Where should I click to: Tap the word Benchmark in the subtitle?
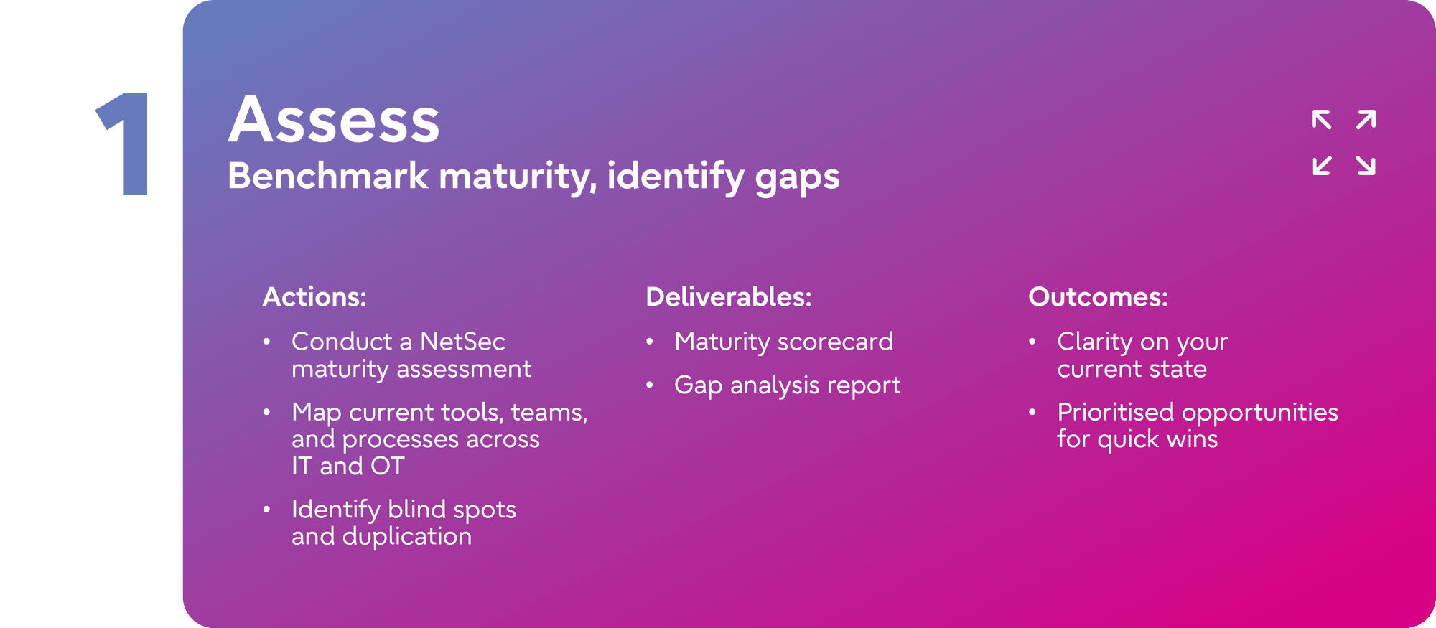tap(327, 175)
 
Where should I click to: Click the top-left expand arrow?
tap(1321, 120)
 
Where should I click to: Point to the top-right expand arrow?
tap(1366, 120)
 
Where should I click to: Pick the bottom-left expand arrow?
tap(1321, 166)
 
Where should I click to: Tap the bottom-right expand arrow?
tap(1366, 166)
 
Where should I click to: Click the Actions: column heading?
tap(314, 297)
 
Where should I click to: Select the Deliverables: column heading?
tap(729, 297)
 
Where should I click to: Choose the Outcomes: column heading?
tap(1098, 297)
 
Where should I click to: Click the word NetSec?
tap(462, 342)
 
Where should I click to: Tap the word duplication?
tap(407, 537)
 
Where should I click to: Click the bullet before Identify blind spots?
tap(266, 510)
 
